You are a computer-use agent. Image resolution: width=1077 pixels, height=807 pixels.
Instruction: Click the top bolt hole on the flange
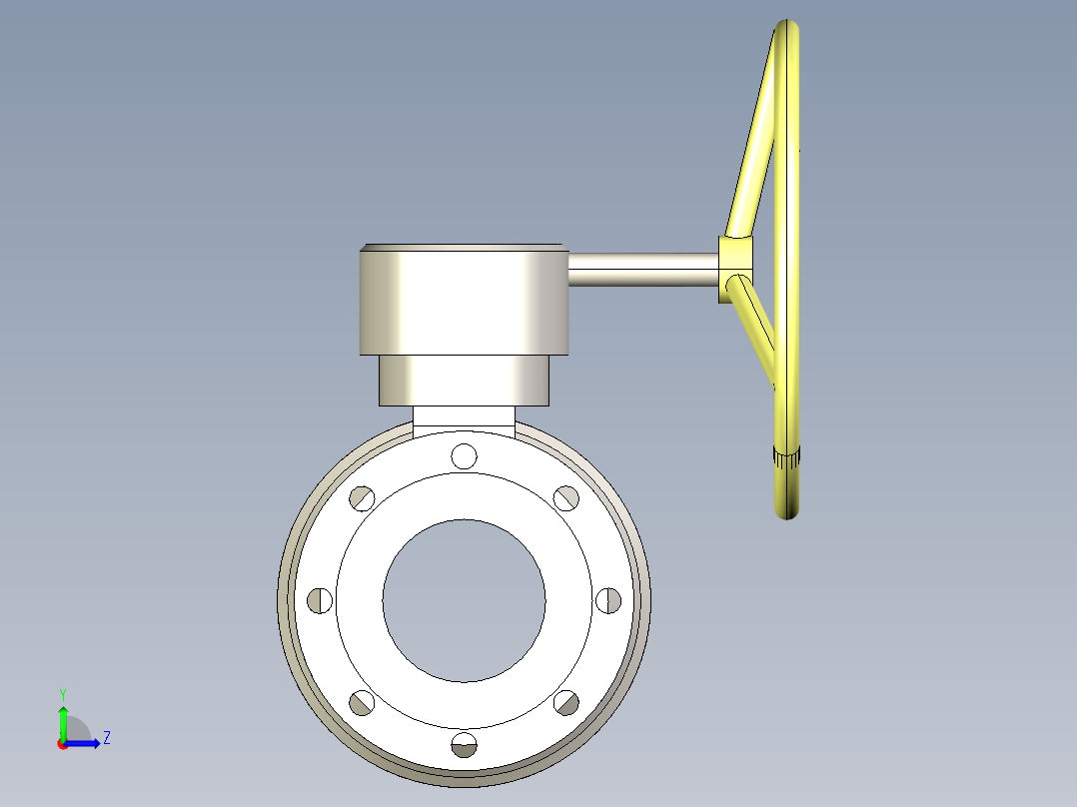464,455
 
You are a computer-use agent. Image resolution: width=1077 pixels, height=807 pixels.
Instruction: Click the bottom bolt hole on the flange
464,744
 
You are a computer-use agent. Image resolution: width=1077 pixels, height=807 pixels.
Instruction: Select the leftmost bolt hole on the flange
320,599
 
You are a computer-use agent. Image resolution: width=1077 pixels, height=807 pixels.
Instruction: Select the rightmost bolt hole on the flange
608,599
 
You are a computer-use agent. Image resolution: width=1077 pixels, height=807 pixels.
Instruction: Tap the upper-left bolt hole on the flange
362,497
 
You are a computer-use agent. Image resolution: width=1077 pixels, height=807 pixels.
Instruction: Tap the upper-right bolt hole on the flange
566,497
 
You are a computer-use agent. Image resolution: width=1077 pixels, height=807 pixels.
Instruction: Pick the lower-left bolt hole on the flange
362,702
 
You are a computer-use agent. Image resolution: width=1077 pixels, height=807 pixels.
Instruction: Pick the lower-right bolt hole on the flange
566,702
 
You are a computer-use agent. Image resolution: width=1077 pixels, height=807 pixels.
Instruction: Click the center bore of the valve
464,599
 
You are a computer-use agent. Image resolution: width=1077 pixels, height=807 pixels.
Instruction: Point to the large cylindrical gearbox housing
465,300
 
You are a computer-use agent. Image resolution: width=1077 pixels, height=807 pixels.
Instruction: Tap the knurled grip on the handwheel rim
787,458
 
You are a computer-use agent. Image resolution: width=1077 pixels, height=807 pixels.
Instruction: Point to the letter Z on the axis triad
106,738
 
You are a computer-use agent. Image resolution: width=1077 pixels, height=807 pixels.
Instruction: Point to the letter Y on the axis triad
63,693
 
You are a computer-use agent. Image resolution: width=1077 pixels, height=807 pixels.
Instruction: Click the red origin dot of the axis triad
63,744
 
